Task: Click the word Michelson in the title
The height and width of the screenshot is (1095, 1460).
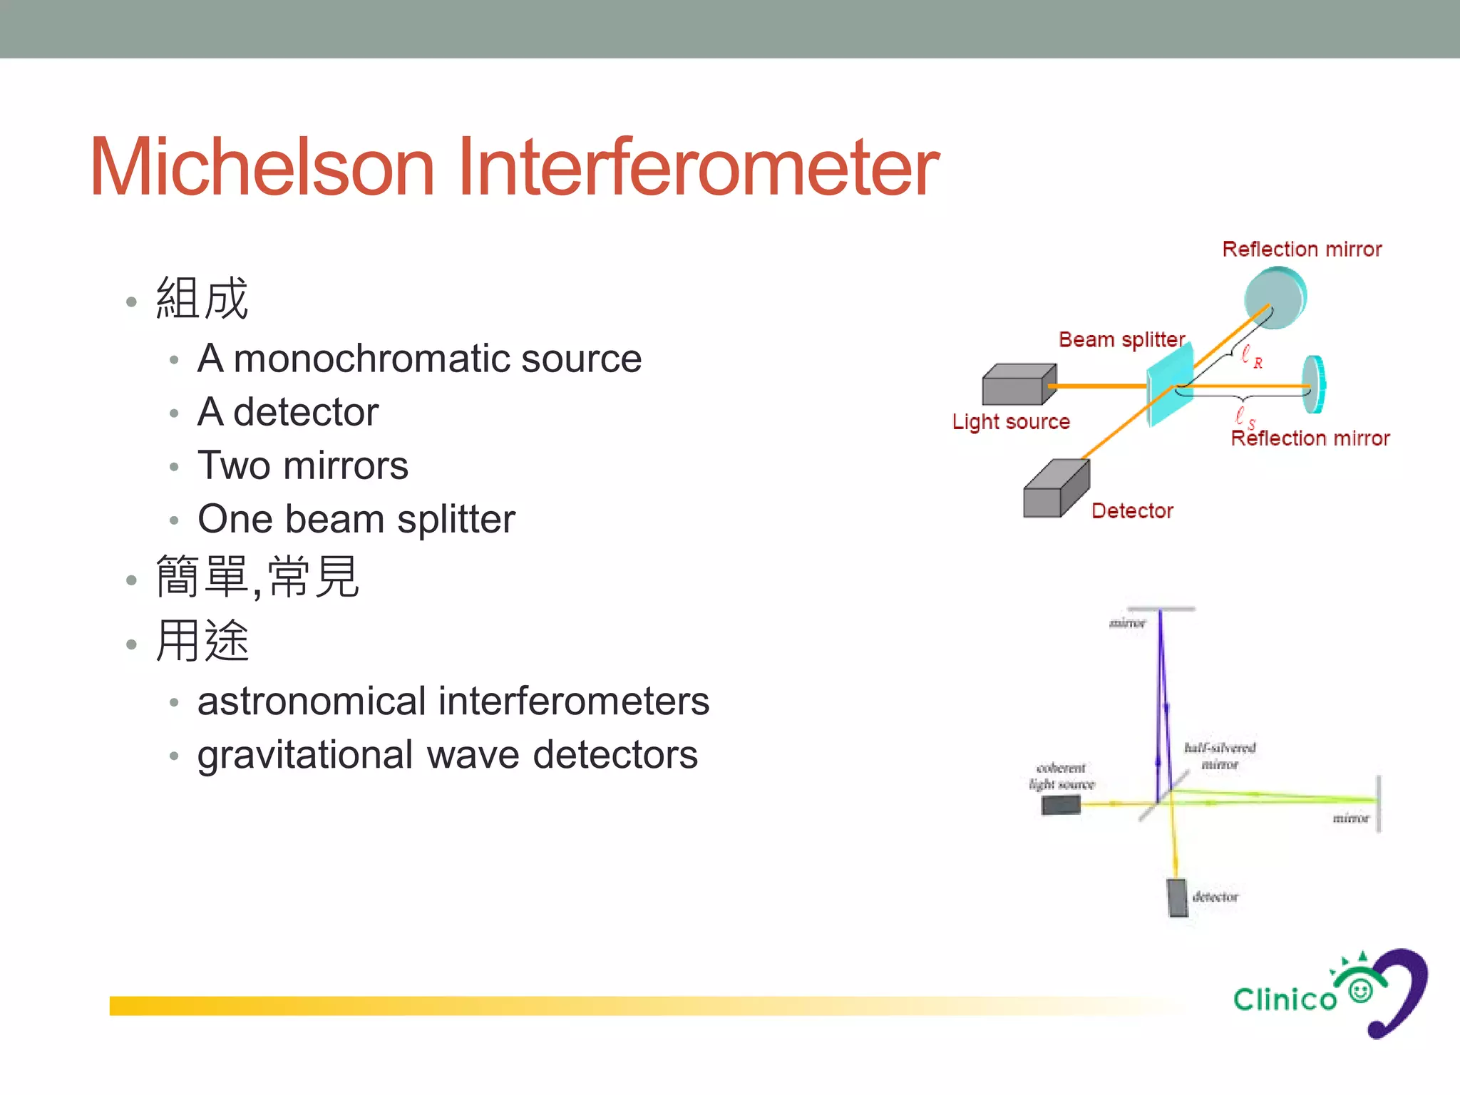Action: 262,168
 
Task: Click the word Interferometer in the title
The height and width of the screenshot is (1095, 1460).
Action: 697,168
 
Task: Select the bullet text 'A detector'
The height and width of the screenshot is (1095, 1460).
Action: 288,412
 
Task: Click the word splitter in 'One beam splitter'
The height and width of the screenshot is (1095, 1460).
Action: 456,519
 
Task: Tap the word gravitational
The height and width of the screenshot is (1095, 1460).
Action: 305,756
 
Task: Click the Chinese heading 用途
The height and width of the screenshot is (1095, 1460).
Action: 202,641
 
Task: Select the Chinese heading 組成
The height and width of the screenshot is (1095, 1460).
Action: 202,298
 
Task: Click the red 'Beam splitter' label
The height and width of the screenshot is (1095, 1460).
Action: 1121,339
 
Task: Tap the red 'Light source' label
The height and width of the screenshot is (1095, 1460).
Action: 1011,421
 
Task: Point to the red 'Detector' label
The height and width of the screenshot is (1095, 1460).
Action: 1132,510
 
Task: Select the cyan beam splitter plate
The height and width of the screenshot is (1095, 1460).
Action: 1169,385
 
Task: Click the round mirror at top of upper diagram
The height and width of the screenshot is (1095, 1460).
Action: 1275,297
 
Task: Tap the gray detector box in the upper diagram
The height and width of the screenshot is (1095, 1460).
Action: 1055,490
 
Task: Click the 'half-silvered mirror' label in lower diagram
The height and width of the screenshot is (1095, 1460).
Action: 1220,756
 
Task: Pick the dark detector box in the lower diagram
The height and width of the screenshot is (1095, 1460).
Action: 1177,898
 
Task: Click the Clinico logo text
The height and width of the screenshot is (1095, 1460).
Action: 1285,999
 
